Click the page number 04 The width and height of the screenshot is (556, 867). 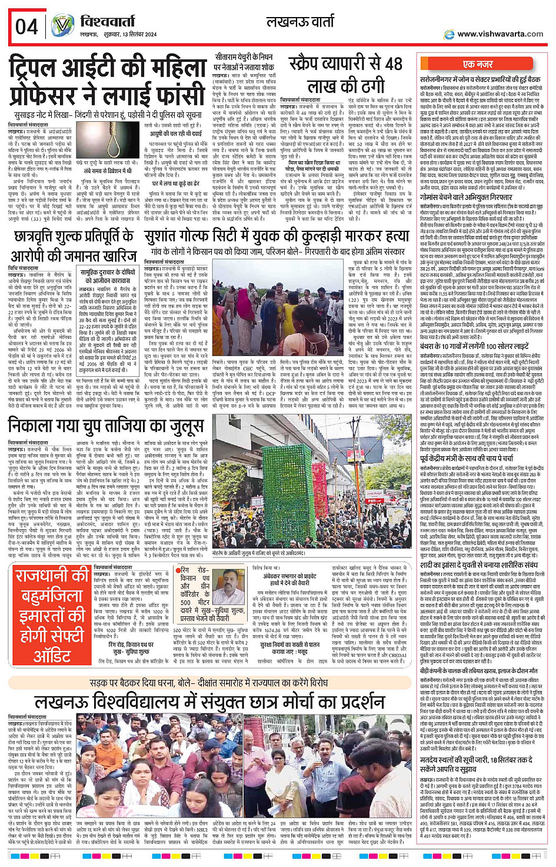pyautogui.click(x=26, y=26)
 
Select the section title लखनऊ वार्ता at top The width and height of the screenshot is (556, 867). pyautogui.click(x=300, y=22)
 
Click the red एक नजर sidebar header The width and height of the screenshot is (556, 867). pyautogui.click(x=478, y=65)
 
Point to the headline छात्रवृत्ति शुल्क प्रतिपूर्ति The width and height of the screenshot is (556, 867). pyautogui.click(x=74, y=237)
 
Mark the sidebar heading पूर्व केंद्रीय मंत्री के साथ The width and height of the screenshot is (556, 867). pyautogui.click(x=467, y=457)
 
